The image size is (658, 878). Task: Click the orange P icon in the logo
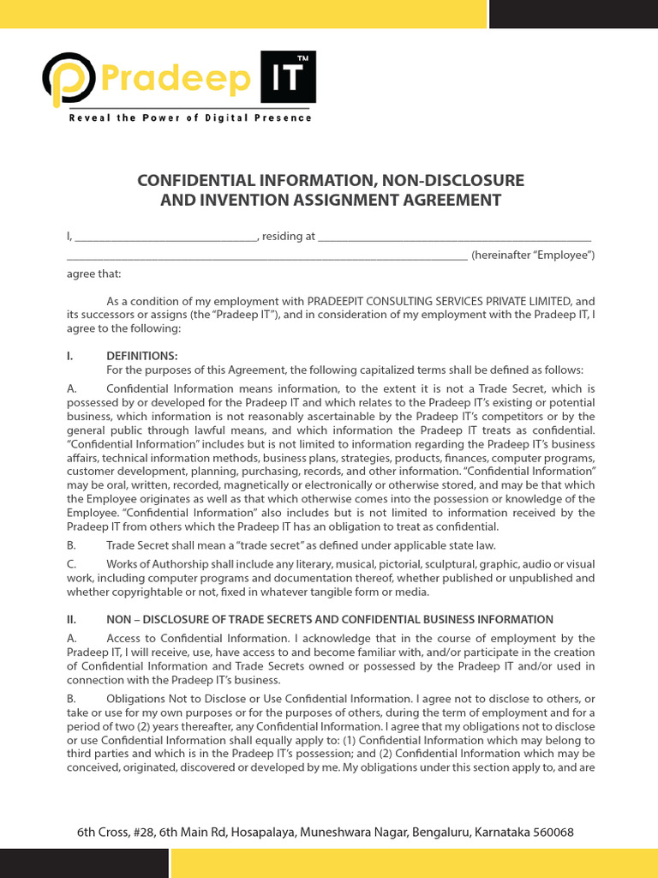coord(69,79)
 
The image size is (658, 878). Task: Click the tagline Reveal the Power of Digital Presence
coord(190,117)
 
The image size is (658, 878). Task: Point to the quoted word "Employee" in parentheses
coord(562,256)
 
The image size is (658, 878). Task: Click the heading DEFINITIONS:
coord(142,356)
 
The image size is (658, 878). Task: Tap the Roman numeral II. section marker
coord(73,619)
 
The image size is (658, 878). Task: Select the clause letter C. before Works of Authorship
coord(72,564)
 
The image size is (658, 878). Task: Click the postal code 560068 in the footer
coord(551,832)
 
